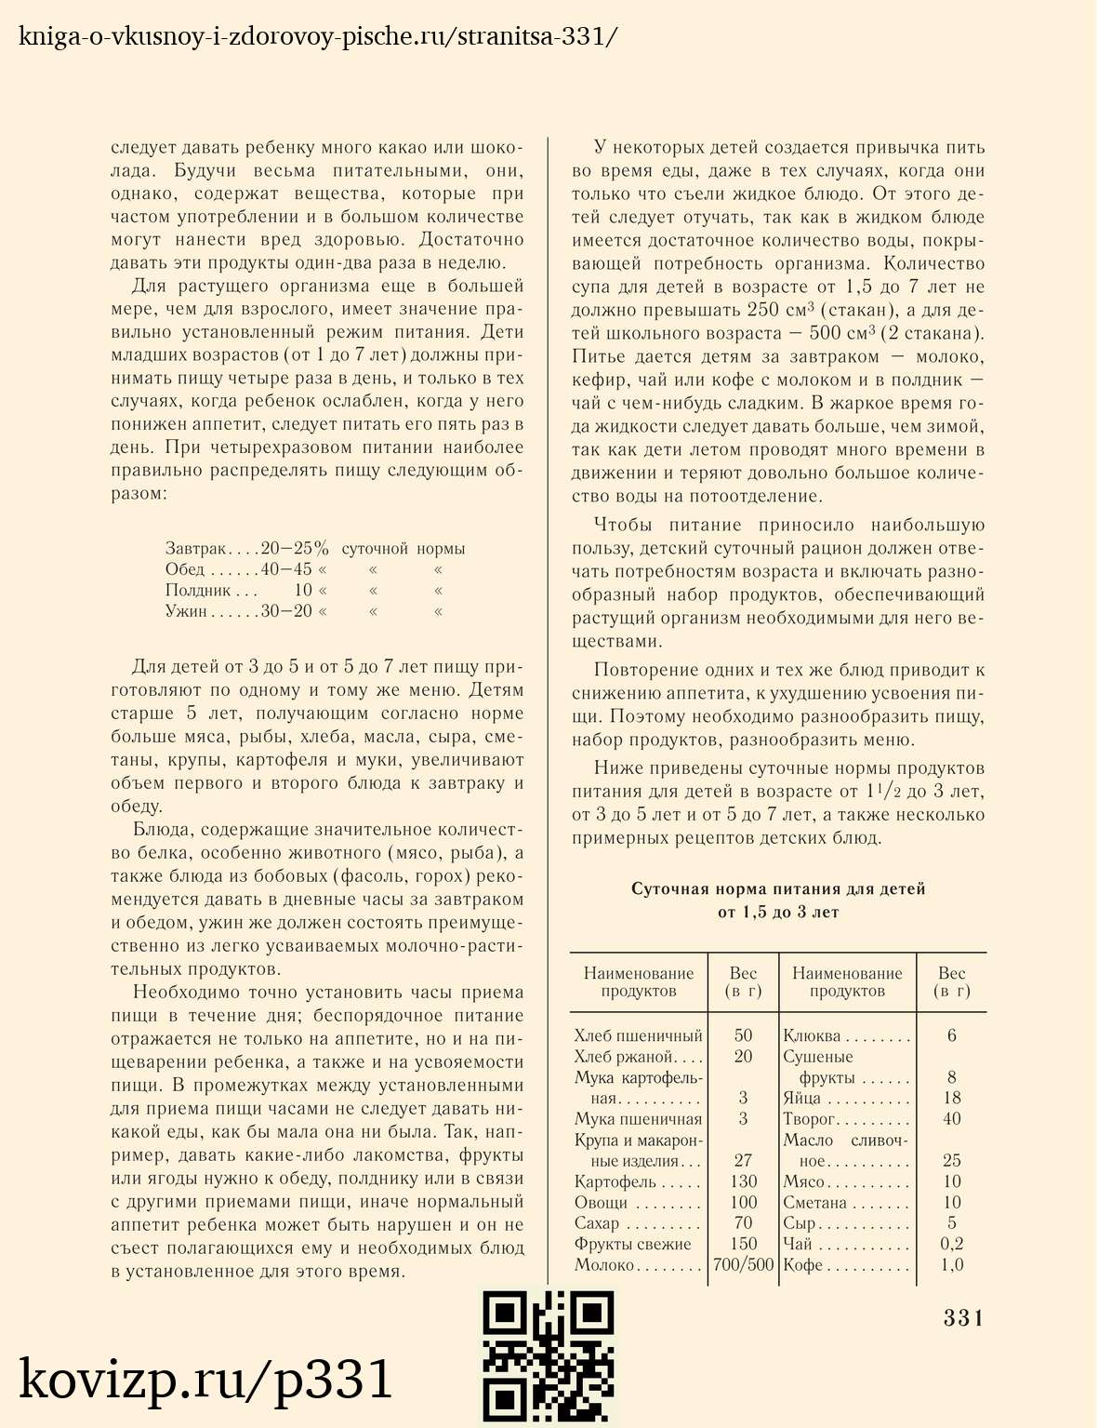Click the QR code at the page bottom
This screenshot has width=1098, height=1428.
click(x=549, y=1357)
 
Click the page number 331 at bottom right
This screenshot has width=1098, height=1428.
click(x=963, y=1317)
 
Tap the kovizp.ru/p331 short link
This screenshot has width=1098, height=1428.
click(x=206, y=1379)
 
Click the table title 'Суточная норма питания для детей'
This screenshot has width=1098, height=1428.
click(x=778, y=889)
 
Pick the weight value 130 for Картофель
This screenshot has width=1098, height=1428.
click(x=743, y=1181)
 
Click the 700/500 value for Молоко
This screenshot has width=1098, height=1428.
click(x=743, y=1264)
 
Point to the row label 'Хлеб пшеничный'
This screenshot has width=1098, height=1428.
click(x=638, y=1035)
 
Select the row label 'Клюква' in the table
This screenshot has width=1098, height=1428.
click(x=812, y=1035)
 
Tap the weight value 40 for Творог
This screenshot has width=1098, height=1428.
click(x=951, y=1118)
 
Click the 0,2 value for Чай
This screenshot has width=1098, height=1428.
click(x=951, y=1244)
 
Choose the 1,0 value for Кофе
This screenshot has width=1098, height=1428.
click(x=951, y=1264)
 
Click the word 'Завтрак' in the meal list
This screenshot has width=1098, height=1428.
click(x=195, y=549)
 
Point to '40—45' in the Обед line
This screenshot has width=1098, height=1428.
click(x=286, y=569)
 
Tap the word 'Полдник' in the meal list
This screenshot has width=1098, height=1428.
click(x=198, y=590)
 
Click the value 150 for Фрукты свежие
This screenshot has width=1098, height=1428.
click(x=743, y=1244)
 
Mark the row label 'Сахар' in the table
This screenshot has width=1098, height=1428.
click(x=597, y=1223)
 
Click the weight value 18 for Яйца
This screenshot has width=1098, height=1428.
click(x=951, y=1098)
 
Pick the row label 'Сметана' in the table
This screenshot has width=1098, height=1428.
click(x=814, y=1203)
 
